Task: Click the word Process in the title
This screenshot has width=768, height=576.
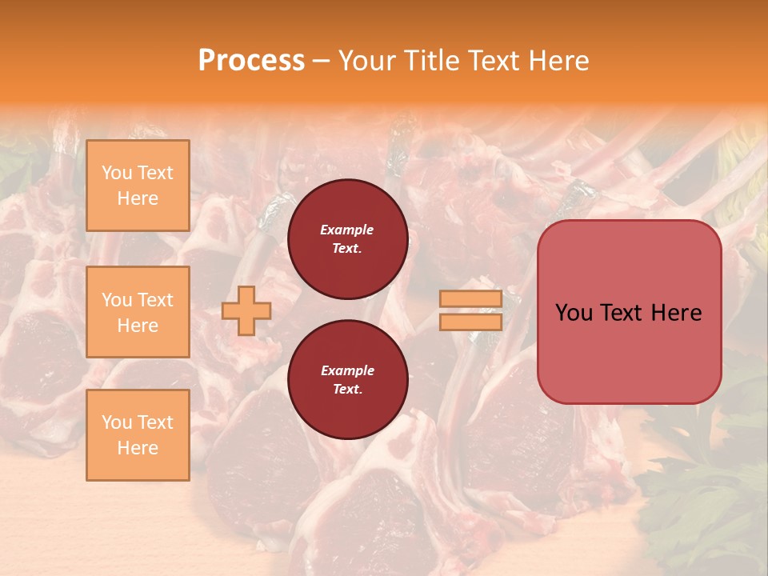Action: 251,61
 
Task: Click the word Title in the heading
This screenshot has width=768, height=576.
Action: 433,61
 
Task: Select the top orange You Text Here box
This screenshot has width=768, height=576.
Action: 138,186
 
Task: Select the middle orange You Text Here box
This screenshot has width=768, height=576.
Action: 138,312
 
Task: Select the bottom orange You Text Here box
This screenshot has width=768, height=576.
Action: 138,435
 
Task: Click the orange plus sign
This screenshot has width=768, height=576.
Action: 246,311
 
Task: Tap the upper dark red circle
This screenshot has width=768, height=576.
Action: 347,239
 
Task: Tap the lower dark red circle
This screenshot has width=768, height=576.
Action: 347,380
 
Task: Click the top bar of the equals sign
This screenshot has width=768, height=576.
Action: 470,299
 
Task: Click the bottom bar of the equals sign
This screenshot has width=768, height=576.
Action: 470,322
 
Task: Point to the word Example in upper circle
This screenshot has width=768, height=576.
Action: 347,230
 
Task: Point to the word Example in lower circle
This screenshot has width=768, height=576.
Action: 347,370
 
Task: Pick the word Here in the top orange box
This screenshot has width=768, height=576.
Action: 138,198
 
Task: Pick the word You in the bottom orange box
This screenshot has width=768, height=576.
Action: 117,422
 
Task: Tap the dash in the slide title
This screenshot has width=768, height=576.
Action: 322,61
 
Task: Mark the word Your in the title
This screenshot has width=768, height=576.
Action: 369,61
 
